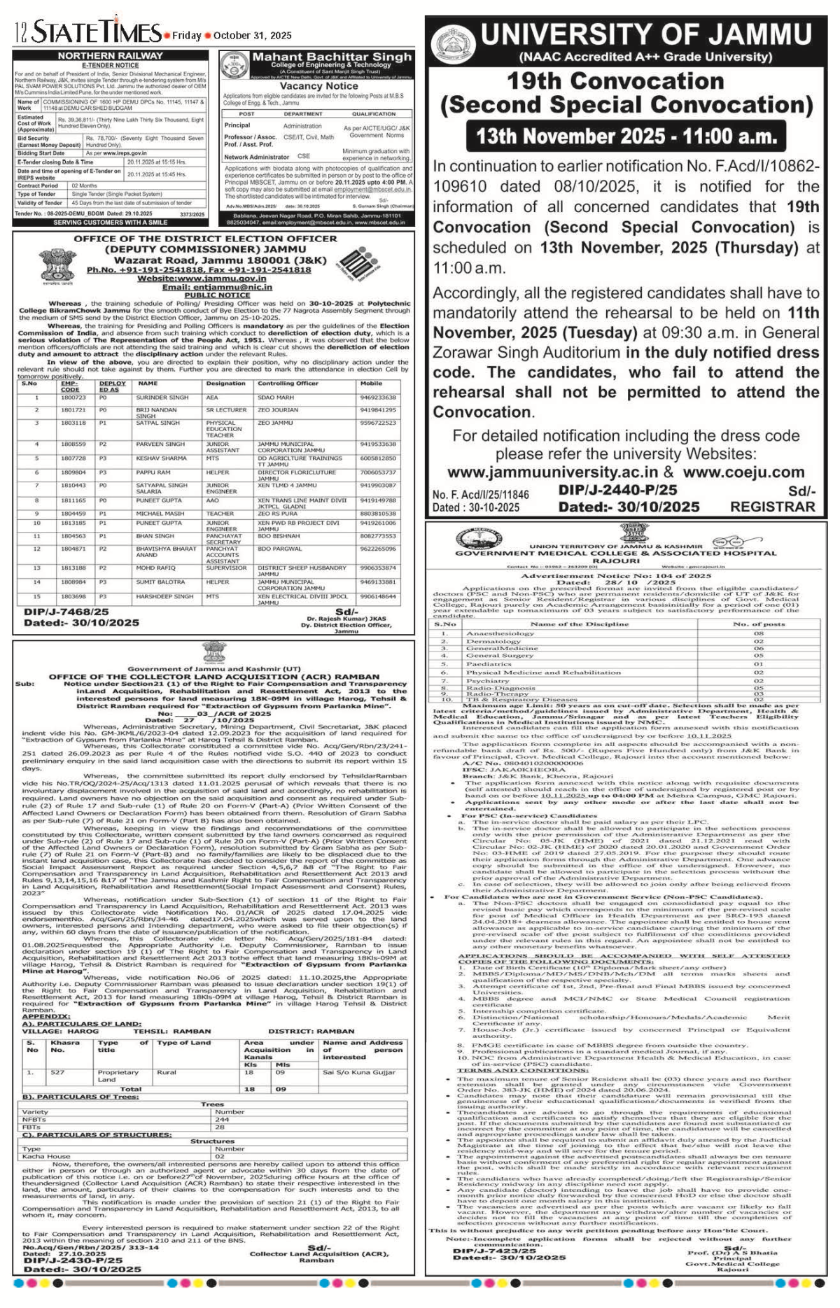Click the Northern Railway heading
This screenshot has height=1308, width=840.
coord(110,55)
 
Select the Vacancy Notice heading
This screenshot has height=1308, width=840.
coord(318,85)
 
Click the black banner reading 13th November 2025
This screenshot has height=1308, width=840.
coord(626,136)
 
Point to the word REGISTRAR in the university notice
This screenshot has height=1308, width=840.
coord(772,507)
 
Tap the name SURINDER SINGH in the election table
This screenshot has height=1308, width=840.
coord(162,398)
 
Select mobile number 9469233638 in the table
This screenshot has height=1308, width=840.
coord(378,398)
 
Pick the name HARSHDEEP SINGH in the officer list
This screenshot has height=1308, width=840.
coord(164,596)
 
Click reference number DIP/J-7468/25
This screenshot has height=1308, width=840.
coord(66,612)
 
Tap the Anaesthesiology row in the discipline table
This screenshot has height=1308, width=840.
coord(500,633)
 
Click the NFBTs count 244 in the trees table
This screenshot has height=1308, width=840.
coord(222,1120)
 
